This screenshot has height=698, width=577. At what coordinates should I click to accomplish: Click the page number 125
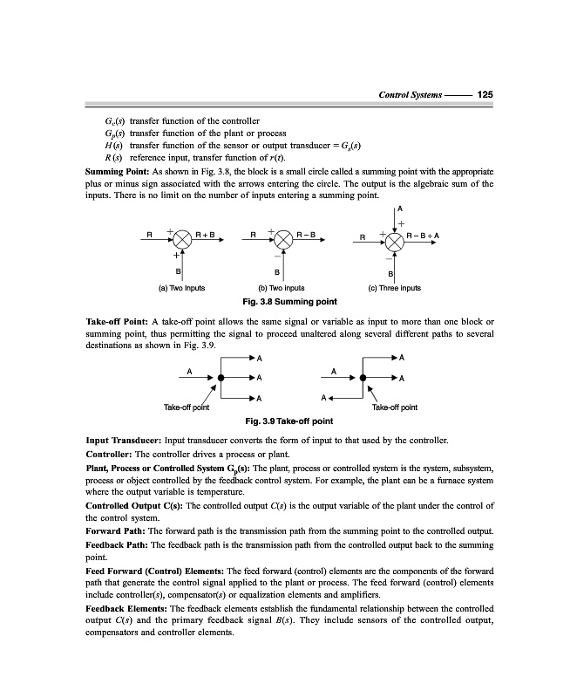pos(486,94)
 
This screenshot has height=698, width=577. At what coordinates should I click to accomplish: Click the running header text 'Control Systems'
pos(410,94)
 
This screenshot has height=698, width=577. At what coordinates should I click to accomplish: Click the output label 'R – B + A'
pos(423,235)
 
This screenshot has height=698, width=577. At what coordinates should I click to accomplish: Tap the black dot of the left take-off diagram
pos(222,378)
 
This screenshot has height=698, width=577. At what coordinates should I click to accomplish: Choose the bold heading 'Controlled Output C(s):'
pos(142,505)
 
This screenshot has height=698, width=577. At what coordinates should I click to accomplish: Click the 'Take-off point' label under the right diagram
pos(394,407)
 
